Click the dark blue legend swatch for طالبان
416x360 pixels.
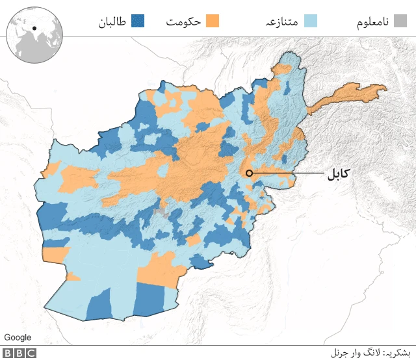pyautogui.click(x=137, y=21)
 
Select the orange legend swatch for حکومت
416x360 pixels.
pyautogui.click(x=213, y=21)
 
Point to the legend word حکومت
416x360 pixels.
pyautogui.click(x=183, y=21)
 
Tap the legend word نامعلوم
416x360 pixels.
pyautogui.click(x=372, y=21)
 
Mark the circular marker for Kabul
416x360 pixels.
pyautogui.click(x=248, y=173)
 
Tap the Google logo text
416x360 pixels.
pyautogui.click(x=18, y=337)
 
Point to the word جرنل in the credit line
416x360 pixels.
pyautogui.click(x=341, y=354)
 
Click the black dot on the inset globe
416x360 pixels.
pyautogui.click(x=34, y=28)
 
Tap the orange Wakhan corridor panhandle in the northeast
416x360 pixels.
pyautogui.click(x=351, y=97)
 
